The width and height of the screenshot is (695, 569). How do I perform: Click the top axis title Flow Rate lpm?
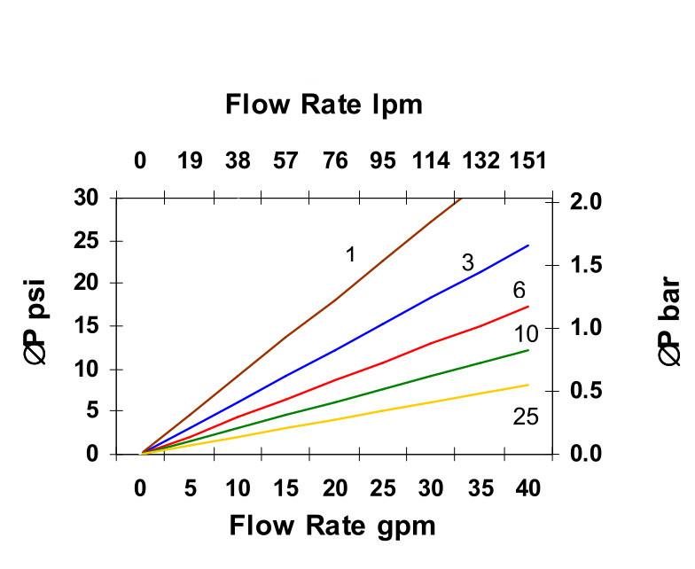tap(324, 105)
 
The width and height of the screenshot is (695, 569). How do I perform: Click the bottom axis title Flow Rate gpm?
tap(332, 526)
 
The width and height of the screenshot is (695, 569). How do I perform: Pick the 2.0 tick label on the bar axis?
tap(586, 202)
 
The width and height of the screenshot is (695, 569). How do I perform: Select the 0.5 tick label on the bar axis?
tap(586, 391)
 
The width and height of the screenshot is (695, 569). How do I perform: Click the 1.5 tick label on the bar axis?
tap(586, 265)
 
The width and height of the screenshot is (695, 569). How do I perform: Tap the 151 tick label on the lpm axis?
tap(527, 161)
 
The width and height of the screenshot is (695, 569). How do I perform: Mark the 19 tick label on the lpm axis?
tap(190, 161)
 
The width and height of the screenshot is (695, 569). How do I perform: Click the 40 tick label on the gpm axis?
tap(527, 488)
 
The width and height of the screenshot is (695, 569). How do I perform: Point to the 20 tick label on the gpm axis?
tap(334, 488)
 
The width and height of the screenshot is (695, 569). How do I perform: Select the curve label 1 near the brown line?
tap(350, 255)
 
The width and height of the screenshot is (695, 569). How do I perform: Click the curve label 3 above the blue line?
tap(467, 263)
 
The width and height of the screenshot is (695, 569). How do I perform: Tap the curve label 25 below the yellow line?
tap(525, 417)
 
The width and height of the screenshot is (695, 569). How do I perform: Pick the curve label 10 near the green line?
tap(527, 334)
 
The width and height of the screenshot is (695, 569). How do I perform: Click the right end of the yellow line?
tap(528, 385)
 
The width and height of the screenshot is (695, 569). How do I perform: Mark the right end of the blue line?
tap(528, 246)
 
